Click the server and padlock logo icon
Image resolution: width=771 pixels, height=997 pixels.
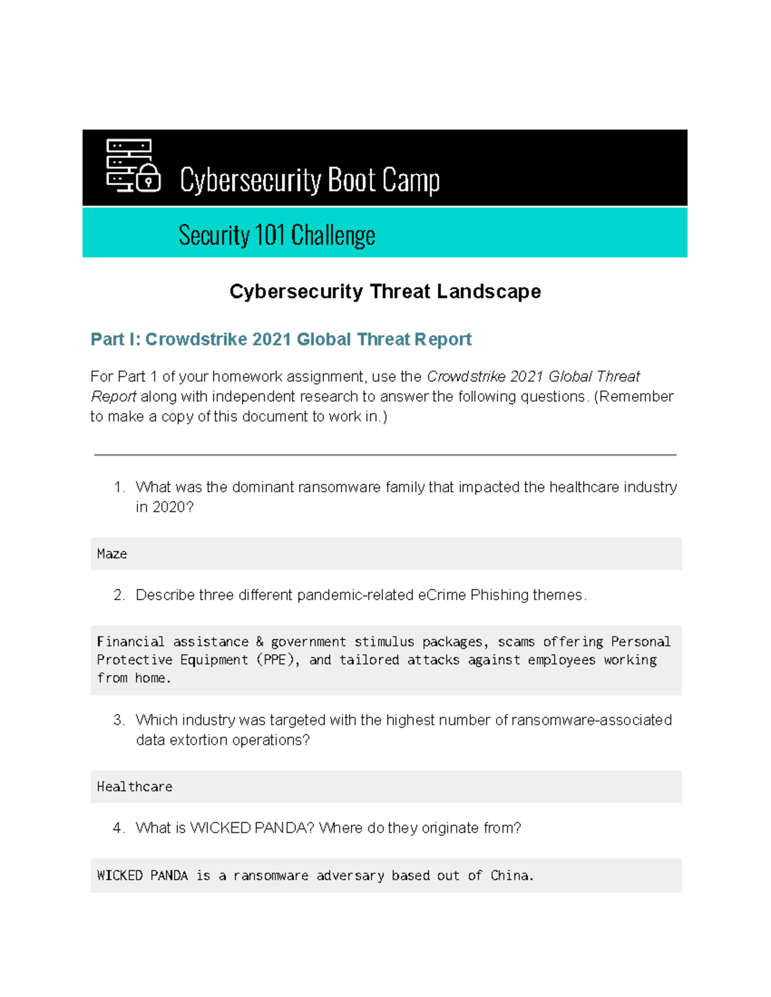(132, 166)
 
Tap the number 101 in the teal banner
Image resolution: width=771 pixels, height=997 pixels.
(269, 235)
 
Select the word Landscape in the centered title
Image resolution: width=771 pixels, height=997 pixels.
(488, 291)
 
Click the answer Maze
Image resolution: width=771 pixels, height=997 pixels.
(112, 554)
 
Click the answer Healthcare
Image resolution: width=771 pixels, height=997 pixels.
(134, 787)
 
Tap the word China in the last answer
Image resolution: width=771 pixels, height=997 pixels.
(511, 876)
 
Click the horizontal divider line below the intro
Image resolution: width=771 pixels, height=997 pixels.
(385, 455)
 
